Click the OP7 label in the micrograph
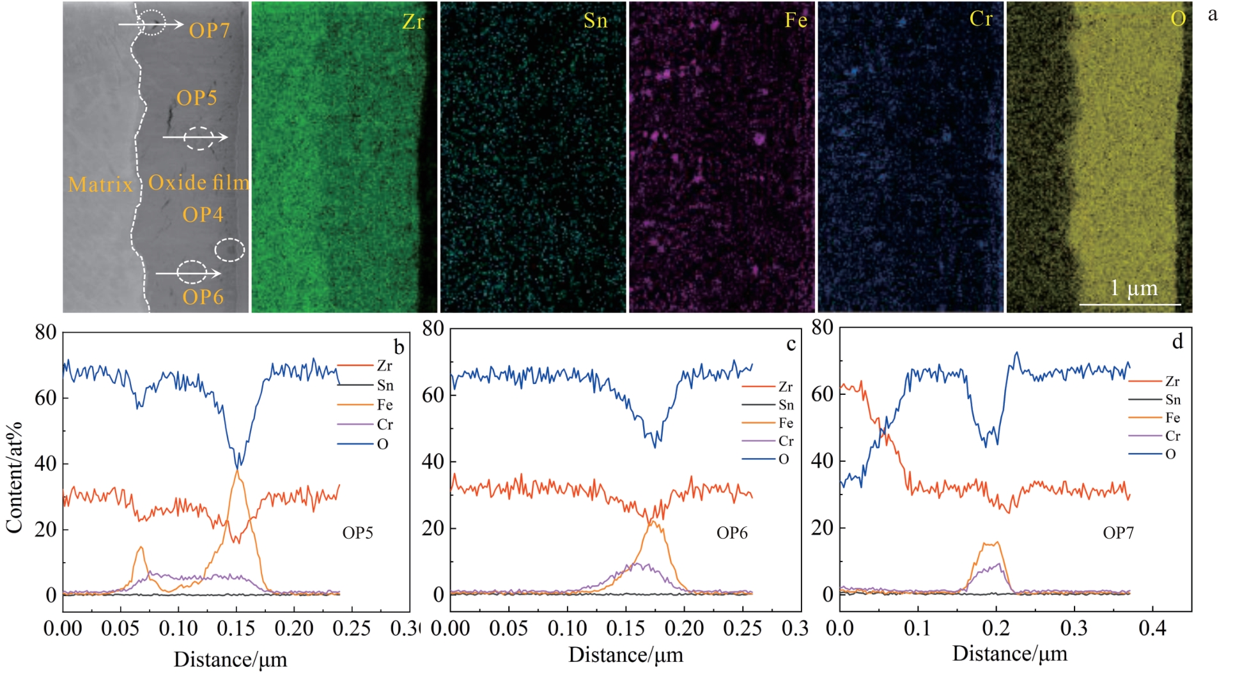(209, 30)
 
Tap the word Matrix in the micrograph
(100, 185)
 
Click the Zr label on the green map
(413, 22)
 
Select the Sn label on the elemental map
(595, 21)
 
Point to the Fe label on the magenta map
(796, 20)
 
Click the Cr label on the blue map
(981, 19)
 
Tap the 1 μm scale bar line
(1129, 304)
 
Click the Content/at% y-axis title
(14, 477)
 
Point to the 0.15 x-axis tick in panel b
(236, 629)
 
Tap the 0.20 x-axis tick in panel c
(684, 629)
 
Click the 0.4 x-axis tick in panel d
(1152, 629)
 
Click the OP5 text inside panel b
(357, 533)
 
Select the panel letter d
(1177, 342)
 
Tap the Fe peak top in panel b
(237, 471)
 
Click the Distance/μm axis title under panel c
(625, 655)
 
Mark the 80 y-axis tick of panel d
(822, 328)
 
